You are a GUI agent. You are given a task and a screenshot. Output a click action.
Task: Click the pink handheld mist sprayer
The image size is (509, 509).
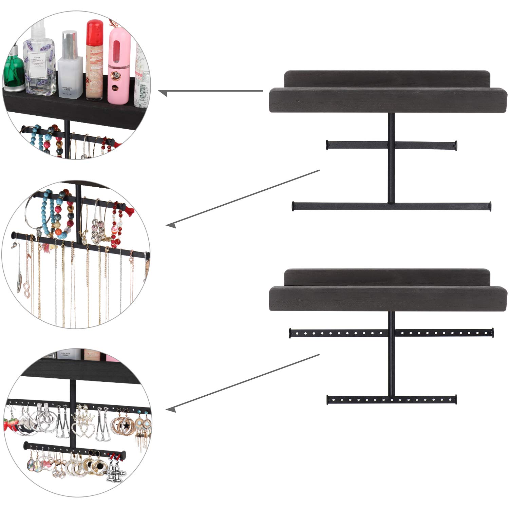(119, 64)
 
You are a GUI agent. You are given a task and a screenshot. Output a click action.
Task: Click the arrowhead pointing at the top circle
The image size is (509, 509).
(163, 92)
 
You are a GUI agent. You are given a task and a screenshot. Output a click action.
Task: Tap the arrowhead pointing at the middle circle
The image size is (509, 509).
(171, 225)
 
